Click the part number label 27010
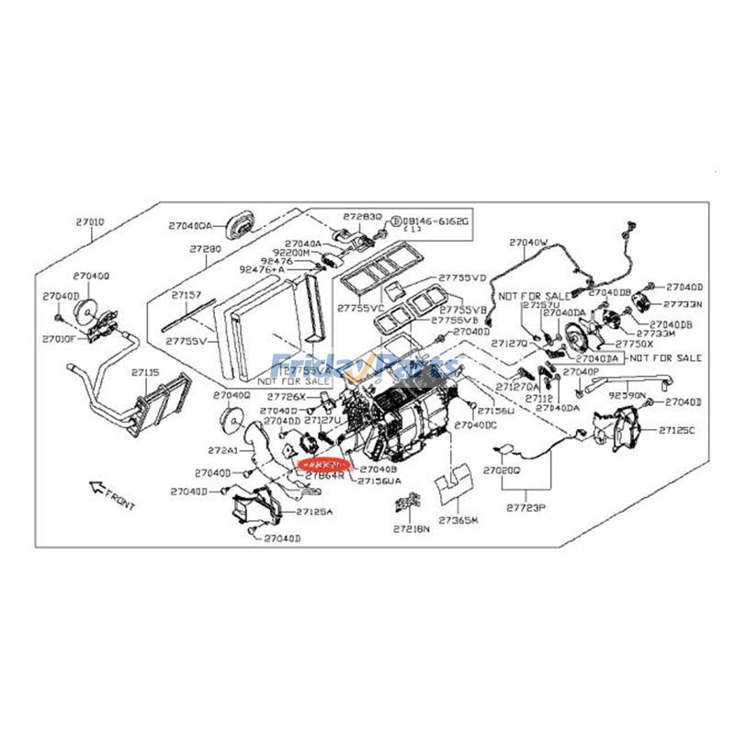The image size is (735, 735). coord(88,221)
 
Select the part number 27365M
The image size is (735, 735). coord(458,520)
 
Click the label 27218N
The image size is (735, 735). coord(410,529)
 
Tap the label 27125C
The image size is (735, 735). coord(679,429)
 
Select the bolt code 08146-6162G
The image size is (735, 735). coord(437,221)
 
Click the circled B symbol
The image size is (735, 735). coord(396,221)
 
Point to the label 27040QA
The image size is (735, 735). coord(190,224)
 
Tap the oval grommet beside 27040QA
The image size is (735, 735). coord(243,220)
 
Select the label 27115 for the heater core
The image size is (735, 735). coord(144,373)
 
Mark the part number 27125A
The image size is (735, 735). coord(315,512)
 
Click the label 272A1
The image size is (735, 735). coord(222,450)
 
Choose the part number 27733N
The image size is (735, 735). coord(683,304)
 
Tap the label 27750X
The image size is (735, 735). coord(634,343)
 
